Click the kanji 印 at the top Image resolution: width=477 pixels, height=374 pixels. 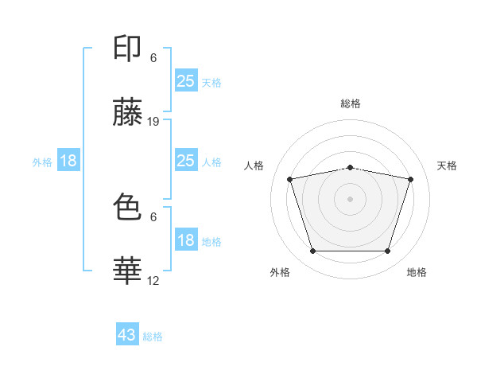[127, 49]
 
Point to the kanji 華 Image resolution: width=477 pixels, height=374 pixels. [127, 271]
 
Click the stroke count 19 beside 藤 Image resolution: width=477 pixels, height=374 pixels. [153, 122]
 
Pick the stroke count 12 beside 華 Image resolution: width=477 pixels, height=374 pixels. [153, 280]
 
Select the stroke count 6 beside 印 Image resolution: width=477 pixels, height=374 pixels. [153, 58]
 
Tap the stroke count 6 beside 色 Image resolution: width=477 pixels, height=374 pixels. [153, 216]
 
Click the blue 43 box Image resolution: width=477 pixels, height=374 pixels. [127, 334]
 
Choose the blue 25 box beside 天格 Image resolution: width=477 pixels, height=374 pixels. [185, 80]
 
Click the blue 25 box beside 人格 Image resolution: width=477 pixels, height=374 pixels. [185, 161]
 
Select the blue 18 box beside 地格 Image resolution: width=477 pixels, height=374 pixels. [185, 240]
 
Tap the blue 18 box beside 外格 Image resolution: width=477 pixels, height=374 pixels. [68, 161]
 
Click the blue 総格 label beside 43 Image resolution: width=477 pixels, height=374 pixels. [153, 337]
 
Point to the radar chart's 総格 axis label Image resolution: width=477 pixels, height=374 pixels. [350, 103]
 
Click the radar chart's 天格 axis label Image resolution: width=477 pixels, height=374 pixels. [447, 166]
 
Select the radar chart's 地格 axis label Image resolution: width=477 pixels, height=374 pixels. [417, 273]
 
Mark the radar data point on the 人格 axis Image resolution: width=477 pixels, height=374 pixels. [290, 179]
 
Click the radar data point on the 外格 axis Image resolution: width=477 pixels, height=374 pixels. [312, 251]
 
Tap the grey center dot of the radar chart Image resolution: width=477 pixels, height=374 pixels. [350, 199]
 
